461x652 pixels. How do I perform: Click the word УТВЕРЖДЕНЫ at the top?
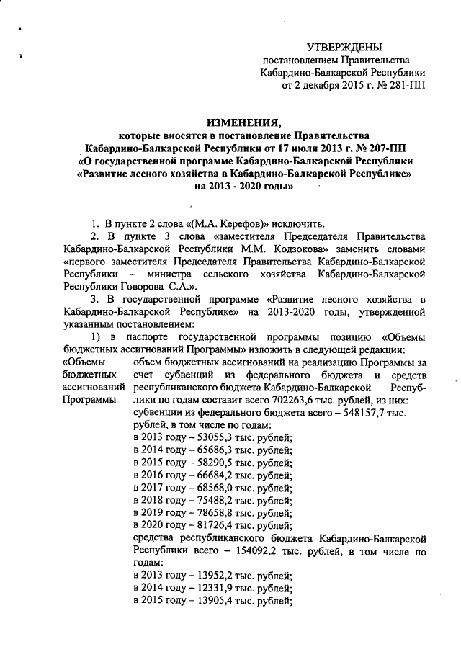click(344, 46)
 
